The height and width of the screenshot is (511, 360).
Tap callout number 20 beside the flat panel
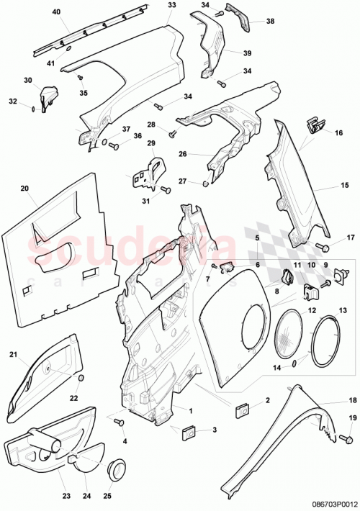[24, 189]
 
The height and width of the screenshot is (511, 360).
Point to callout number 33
[171, 5]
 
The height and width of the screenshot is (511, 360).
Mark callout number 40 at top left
[57, 12]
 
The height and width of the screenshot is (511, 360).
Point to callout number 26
[183, 153]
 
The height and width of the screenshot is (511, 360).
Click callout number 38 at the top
[270, 22]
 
